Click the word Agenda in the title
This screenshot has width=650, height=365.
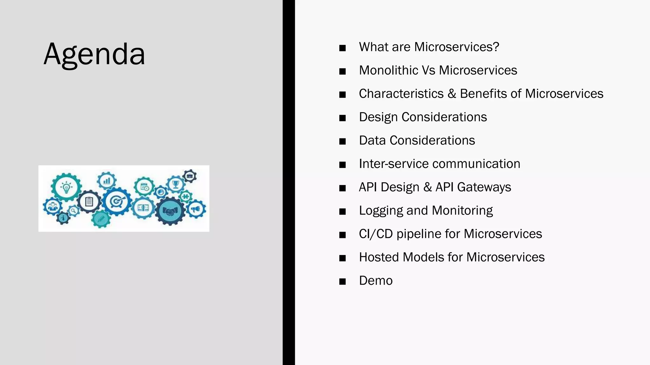pyautogui.click(x=94, y=54)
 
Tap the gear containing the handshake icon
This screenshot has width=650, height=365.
pyautogui.click(x=170, y=211)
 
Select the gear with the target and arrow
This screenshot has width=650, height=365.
pyautogui.click(x=116, y=202)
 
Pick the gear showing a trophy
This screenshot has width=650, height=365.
pyautogui.click(x=176, y=184)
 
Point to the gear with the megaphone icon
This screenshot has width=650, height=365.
pyautogui.click(x=196, y=209)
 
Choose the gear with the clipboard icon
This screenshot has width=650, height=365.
pyautogui.click(x=89, y=202)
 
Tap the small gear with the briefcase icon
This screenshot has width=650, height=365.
pyautogui.click(x=190, y=176)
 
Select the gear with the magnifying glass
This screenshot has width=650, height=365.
pyautogui.click(x=74, y=210)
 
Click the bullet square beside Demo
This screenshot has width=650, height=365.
pyautogui.click(x=342, y=281)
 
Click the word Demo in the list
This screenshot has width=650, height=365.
pyautogui.click(x=376, y=281)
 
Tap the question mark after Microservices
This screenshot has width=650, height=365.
pyautogui.click(x=496, y=47)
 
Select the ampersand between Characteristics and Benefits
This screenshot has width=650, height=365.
pyautogui.click(x=452, y=94)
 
